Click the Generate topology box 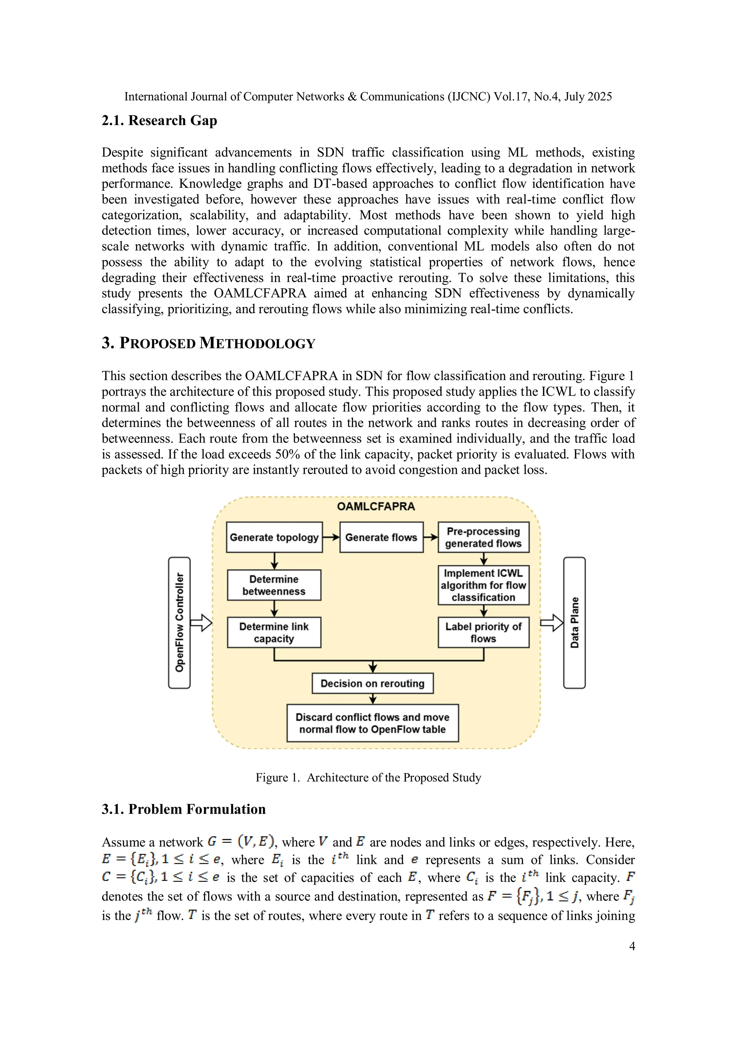(x=274, y=537)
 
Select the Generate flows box (x=381, y=537)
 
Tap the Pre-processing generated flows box (x=483, y=537)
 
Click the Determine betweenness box (x=274, y=585)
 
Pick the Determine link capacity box (x=274, y=632)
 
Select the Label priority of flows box (x=483, y=632)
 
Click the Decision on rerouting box (x=372, y=683)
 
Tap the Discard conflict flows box (x=372, y=723)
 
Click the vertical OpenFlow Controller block (x=179, y=623)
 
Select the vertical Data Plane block (x=574, y=623)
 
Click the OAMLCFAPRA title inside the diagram (x=376, y=506)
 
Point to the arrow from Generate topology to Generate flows (x=331, y=537)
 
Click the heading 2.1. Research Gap (x=159, y=121)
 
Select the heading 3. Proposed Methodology (x=208, y=343)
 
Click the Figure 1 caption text (x=368, y=777)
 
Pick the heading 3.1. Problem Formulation (x=184, y=809)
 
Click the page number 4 (x=632, y=946)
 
